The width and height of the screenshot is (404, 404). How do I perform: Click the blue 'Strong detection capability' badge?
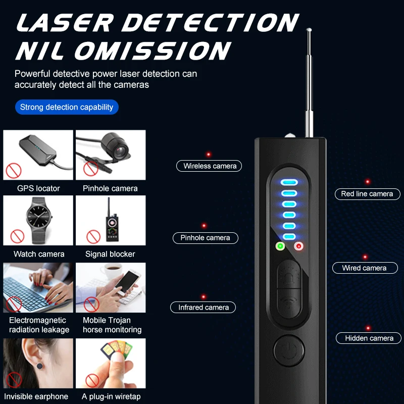point(67,107)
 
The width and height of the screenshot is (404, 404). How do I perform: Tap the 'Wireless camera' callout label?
point(209,166)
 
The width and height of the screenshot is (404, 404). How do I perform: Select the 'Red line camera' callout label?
point(368,194)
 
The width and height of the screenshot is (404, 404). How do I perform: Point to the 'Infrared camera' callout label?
point(203,308)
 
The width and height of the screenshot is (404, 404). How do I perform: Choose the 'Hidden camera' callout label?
point(369,338)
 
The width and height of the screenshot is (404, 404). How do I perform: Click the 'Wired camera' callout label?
point(365,268)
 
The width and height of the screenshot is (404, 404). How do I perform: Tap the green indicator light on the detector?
point(280,246)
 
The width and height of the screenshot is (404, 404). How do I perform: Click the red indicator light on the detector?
point(298,246)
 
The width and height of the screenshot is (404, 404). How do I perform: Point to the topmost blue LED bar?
point(289,182)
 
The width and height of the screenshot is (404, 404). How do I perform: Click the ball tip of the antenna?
point(309,30)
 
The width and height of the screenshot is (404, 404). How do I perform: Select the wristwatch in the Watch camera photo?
point(39,220)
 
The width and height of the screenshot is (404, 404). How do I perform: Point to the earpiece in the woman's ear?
point(40,366)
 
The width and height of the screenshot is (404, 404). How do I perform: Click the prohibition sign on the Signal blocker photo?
point(93,236)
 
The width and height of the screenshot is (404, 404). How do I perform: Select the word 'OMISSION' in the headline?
point(153,51)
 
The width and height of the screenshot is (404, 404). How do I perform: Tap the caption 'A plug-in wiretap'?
point(111,396)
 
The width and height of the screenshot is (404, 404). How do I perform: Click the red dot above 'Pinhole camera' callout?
point(204,226)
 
